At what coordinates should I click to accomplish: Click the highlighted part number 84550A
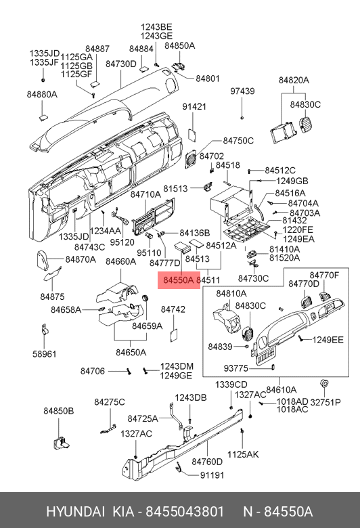pos(179,280)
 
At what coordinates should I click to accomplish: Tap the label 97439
pos(242,91)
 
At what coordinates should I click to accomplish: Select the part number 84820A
pos(294,80)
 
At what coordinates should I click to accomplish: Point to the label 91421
pos(194,107)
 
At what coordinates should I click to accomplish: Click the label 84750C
pos(238,141)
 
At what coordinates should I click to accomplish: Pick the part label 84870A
pos(81,259)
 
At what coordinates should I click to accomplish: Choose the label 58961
pos(45,354)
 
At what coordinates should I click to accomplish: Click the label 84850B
pos(59,411)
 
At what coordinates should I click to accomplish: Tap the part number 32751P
pos(325,402)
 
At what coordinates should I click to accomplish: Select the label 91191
pos(212,475)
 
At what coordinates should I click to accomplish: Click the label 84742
pos(173,309)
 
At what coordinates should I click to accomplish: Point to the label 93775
pos(235,368)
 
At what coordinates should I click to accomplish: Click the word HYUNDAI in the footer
pos(75,512)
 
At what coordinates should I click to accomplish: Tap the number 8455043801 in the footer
pos(185,512)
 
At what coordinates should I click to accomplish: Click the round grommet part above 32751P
pos(324,383)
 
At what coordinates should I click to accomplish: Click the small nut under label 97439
pos(242,118)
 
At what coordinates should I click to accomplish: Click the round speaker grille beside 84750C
pos(191,158)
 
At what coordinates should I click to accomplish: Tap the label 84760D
pos(207,462)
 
